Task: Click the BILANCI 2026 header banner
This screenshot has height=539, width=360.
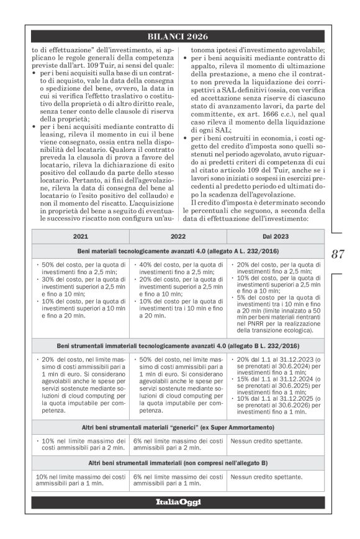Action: click(x=179, y=37)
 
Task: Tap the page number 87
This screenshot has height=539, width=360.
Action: click(x=338, y=254)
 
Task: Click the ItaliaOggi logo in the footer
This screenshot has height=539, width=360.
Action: click(x=179, y=501)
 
